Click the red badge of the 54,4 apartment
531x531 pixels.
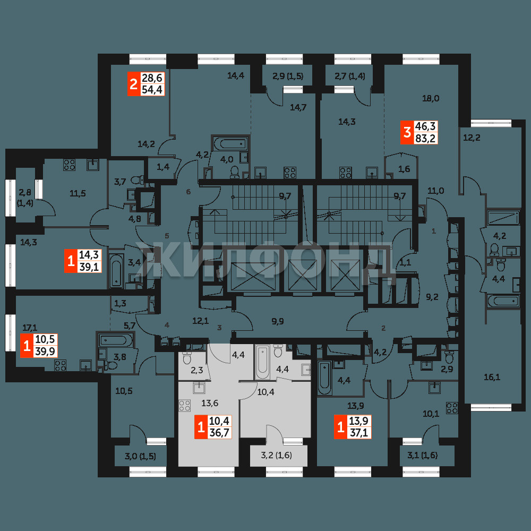(x=133, y=84)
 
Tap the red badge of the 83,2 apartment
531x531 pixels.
(x=407, y=132)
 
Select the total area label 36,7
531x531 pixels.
(x=219, y=432)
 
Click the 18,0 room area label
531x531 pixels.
(x=431, y=99)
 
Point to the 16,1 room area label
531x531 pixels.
(x=492, y=377)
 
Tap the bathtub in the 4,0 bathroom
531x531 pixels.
(x=230, y=143)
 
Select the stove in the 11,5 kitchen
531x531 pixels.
(x=70, y=165)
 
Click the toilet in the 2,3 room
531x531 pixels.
(x=187, y=357)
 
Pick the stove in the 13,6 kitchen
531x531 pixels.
(x=185, y=405)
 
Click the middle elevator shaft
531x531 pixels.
(x=303, y=275)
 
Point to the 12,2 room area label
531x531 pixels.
(x=472, y=138)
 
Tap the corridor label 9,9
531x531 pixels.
(x=278, y=321)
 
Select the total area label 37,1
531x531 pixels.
(x=359, y=432)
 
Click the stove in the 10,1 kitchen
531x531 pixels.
(x=452, y=408)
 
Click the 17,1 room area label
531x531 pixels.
(x=30, y=328)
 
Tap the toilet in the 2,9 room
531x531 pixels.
(x=449, y=357)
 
